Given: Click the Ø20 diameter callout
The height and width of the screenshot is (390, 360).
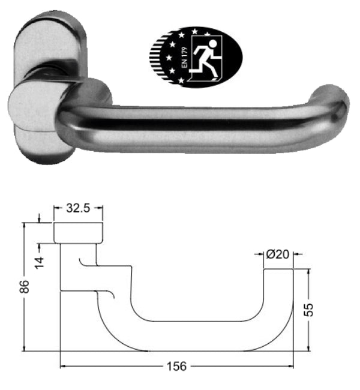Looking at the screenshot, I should pyautogui.click(x=278, y=254).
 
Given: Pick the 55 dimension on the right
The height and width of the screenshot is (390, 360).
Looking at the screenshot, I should pyautogui.click(x=309, y=309).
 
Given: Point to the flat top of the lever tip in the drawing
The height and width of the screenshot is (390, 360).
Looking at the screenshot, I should pyautogui.click(x=279, y=269).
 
